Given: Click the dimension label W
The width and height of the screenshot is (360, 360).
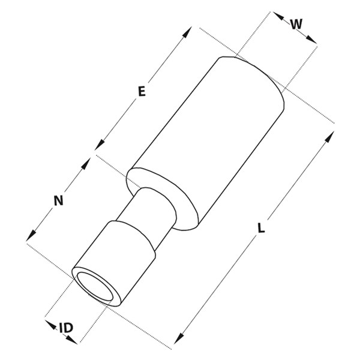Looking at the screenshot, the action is [296, 24].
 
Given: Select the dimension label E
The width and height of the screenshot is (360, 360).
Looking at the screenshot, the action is [142, 91].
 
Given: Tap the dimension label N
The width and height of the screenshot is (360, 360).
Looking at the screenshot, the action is [59, 200].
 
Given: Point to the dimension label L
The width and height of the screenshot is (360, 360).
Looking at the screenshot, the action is [261, 228].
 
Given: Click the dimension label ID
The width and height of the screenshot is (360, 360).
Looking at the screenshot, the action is [66, 328].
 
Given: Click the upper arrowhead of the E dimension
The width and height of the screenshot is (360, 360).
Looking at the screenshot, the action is [187, 32].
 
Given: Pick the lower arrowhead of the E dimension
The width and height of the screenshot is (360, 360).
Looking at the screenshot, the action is [100, 145].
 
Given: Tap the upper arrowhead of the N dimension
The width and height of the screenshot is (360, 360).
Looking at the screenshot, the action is [86, 163].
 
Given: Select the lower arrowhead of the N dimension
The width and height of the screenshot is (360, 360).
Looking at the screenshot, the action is [31, 236].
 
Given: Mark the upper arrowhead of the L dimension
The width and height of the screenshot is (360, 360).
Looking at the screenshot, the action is [329, 137].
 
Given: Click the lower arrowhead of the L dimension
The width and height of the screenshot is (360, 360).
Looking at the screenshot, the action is [179, 338].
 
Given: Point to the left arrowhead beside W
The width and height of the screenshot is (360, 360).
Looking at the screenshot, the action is [278, 16].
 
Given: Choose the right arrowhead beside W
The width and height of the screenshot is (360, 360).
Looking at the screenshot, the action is [311, 39].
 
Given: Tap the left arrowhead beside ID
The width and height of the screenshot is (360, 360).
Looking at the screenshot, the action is [51, 325].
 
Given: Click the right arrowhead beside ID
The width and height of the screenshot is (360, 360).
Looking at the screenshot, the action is [72, 340].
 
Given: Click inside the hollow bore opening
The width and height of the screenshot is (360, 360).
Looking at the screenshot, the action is [95, 287].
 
